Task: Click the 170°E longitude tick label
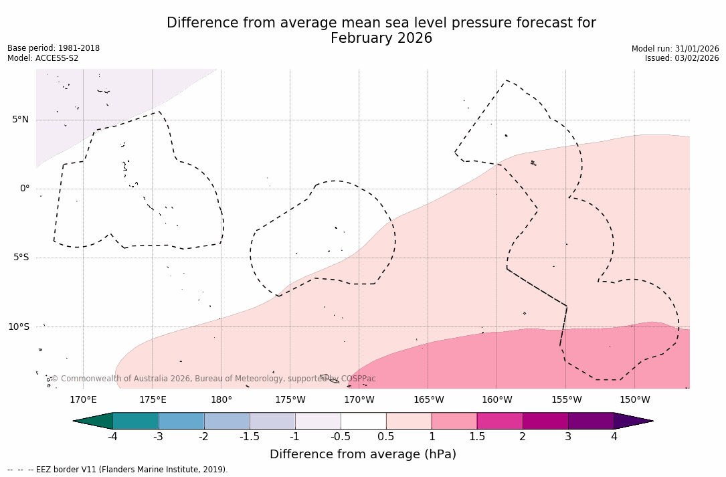83,400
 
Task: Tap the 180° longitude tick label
221,400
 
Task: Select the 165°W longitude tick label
428,400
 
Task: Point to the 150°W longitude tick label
634,400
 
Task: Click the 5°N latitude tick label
20,120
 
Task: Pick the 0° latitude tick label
25,189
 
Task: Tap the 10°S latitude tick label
19,326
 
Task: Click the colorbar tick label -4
113,437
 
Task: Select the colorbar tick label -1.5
250,437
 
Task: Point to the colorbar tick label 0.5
386,437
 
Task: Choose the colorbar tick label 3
568,437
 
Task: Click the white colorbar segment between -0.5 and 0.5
363,421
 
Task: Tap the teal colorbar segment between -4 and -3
136,421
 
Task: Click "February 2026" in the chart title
381,38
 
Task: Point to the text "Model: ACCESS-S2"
43,58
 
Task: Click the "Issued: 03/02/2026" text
682,58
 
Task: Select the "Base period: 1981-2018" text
54,48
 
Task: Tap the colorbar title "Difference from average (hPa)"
363,454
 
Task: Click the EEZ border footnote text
117,470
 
